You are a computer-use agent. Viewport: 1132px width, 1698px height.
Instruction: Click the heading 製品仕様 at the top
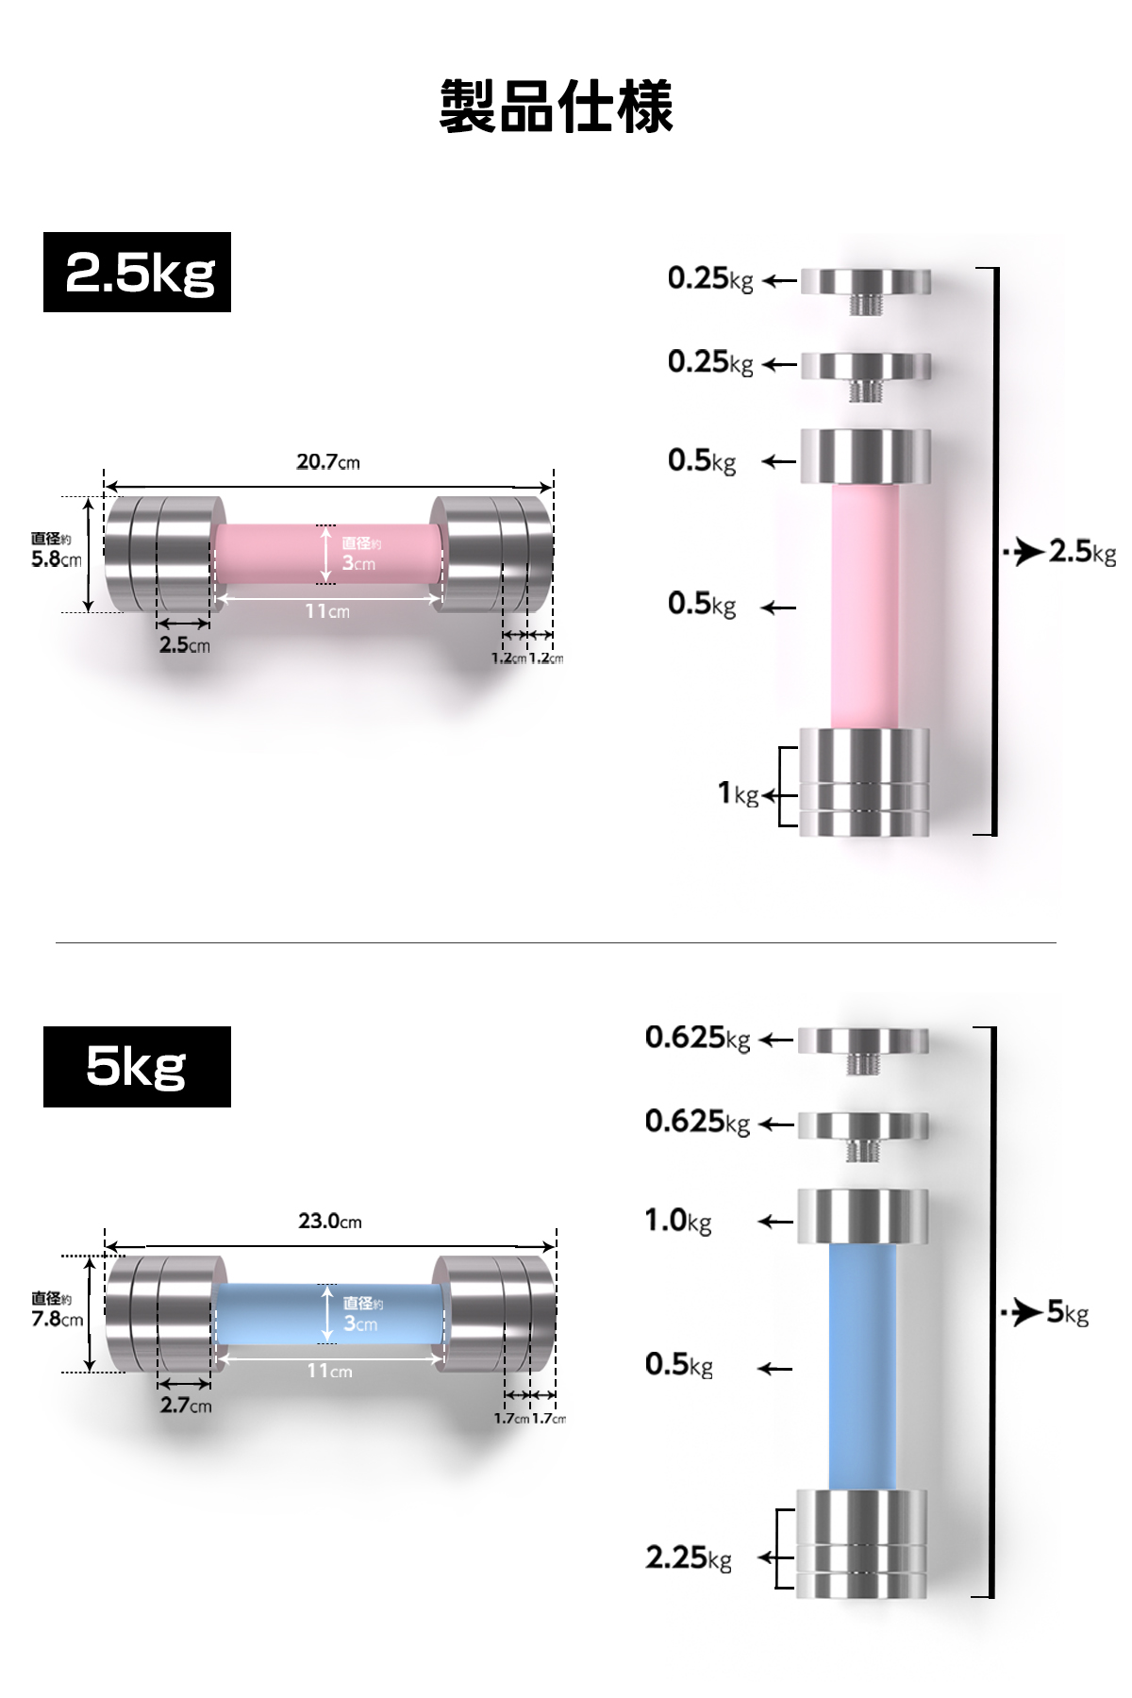pos(556,106)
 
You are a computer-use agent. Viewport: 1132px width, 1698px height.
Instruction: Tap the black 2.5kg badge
pos(137,272)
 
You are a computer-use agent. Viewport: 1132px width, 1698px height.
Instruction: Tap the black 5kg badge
pos(137,1066)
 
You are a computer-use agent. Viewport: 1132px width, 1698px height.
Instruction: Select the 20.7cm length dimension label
pos(328,462)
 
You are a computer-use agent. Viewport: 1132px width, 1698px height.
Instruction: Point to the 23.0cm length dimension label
pos(330,1221)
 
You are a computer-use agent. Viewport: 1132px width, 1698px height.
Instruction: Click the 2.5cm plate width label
pos(185,645)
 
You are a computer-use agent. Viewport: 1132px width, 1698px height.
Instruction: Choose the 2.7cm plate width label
pos(186,1406)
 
